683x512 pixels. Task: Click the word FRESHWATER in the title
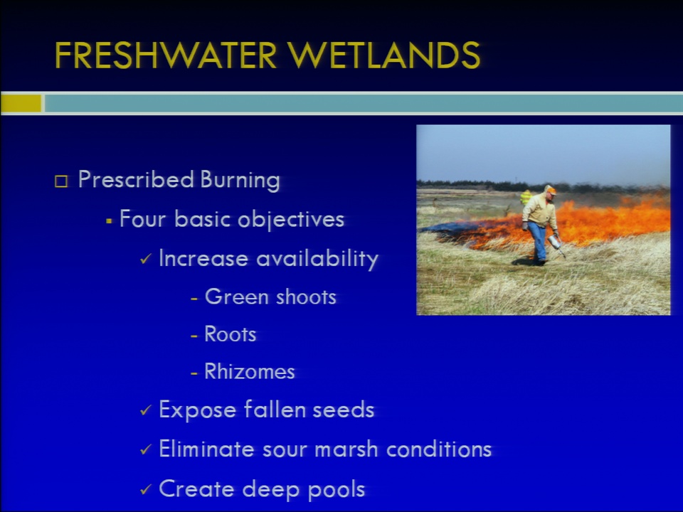[x=166, y=55]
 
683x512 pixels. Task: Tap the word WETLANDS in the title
[x=383, y=55]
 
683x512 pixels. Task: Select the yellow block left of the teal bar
[x=21, y=104]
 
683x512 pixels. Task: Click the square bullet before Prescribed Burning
[x=61, y=181]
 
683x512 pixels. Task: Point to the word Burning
[x=240, y=180]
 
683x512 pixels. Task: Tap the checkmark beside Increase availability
[x=145, y=259]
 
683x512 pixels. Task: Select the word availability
[x=317, y=259]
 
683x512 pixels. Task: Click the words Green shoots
[x=270, y=297]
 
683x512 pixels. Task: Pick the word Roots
[x=230, y=334]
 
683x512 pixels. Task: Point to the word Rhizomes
[x=250, y=371]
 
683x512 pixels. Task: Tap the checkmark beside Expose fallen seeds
[x=145, y=410]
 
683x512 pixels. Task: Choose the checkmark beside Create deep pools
[x=145, y=489]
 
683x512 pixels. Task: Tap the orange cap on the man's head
[x=551, y=190]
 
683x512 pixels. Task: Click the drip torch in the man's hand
[x=556, y=245]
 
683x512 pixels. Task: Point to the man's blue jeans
[x=539, y=241]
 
